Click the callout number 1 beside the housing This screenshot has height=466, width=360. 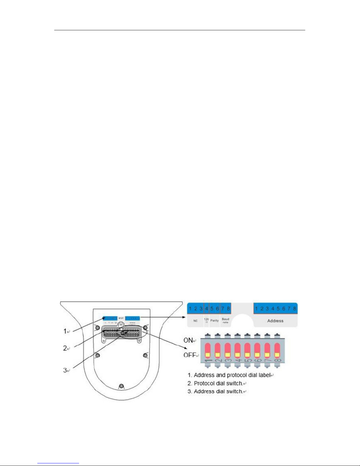(x=65, y=331)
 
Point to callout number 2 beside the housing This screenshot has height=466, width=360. (x=65, y=348)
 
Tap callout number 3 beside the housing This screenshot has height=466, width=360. (x=65, y=370)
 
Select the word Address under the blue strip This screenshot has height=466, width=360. (x=275, y=321)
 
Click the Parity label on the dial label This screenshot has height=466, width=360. (x=215, y=320)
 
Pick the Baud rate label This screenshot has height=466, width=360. (x=225, y=320)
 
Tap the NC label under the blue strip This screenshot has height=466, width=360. (x=195, y=321)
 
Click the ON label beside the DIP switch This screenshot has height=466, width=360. (x=188, y=340)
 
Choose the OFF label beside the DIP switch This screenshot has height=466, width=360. (x=190, y=355)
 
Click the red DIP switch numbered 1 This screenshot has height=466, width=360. (x=208, y=350)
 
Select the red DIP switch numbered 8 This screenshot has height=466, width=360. (x=277, y=350)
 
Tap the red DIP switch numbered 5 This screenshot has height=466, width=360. (x=247, y=350)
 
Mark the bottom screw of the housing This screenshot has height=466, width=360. (x=121, y=386)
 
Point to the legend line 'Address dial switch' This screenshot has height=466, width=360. (x=218, y=391)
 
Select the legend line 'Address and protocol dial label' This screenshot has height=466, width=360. (x=232, y=375)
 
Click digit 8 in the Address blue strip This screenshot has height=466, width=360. (x=294, y=309)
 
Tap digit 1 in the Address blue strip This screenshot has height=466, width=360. (x=256, y=309)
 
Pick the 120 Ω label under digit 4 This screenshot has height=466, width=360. (x=206, y=320)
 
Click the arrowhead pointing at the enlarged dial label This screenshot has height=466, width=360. (x=185, y=317)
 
